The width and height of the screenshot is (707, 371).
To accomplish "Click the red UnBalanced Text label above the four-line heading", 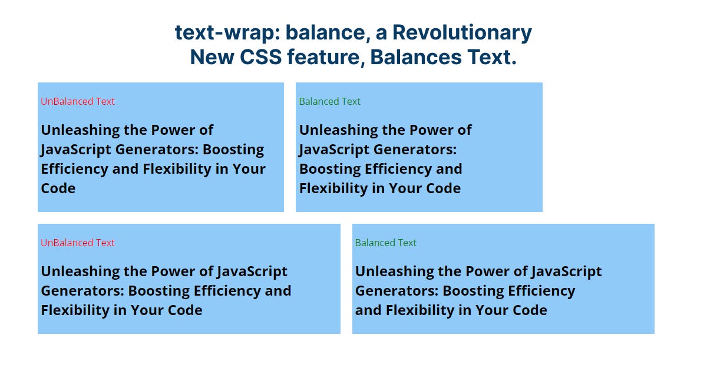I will click(x=78, y=101).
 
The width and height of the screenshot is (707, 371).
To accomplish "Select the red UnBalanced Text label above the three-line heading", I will click(x=78, y=243).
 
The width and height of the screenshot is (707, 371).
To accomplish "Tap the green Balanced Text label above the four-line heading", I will click(x=330, y=101).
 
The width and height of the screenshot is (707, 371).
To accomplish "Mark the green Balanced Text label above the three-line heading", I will click(x=386, y=243).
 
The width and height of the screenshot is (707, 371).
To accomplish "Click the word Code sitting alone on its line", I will click(x=58, y=188).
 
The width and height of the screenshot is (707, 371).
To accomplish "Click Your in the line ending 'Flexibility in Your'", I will click(x=249, y=169).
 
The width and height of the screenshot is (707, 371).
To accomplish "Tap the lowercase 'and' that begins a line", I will click(x=368, y=310).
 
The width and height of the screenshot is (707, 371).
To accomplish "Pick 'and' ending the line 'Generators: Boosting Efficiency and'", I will click(x=278, y=291).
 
